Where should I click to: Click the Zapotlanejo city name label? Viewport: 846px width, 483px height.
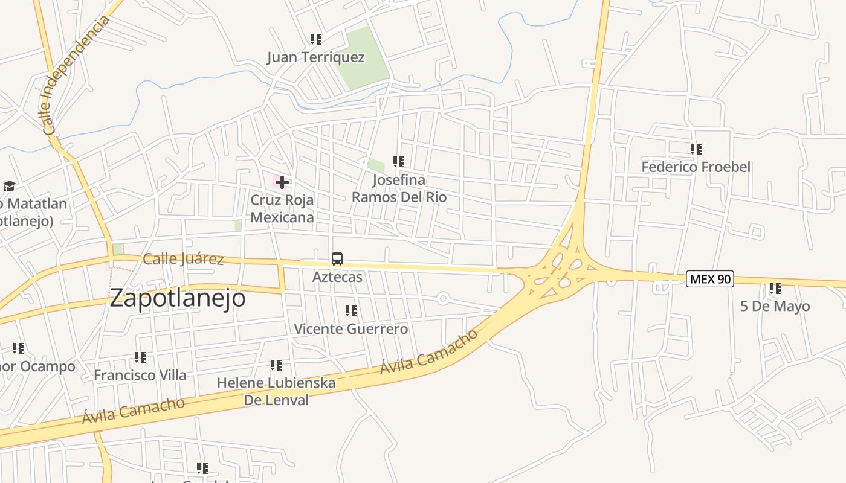(x=178, y=298)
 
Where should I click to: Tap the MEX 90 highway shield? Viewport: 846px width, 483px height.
(x=710, y=279)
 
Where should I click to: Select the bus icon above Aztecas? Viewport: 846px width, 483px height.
(x=337, y=259)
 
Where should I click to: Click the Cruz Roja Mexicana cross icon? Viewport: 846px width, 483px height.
(x=282, y=182)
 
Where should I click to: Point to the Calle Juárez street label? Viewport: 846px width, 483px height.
(x=183, y=259)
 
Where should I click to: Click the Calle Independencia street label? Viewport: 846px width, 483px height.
(x=76, y=75)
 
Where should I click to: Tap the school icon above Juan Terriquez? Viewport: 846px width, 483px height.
(x=315, y=39)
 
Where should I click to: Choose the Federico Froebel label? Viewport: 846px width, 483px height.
(x=696, y=167)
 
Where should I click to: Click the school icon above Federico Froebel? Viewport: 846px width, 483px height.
(x=696, y=149)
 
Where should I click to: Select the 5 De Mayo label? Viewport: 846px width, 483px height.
(x=775, y=306)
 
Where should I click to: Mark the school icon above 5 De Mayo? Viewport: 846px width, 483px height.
(x=775, y=289)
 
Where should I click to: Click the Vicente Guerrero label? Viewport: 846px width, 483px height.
(x=350, y=329)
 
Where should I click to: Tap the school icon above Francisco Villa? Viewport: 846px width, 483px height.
(x=140, y=357)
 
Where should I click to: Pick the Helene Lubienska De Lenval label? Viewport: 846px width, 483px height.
(x=276, y=391)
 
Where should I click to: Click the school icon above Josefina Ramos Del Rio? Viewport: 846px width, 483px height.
(x=398, y=162)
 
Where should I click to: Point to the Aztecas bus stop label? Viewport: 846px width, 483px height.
(x=337, y=277)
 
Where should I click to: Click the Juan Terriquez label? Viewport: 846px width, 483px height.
(x=316, y=57)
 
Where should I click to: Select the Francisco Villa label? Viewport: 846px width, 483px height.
(x=140, y=375)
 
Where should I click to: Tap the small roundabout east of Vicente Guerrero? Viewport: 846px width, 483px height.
(x=443, y=298)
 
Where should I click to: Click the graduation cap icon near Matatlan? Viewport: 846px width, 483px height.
(x=9, y=186)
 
